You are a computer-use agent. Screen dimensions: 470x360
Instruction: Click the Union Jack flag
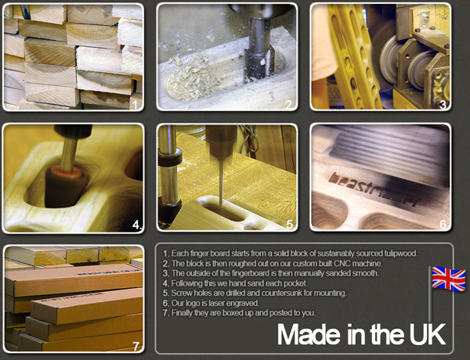tap(449, 279)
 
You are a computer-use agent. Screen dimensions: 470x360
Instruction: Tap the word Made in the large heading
tap(310, 334)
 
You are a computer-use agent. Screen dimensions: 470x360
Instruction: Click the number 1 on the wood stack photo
tap(135, 105)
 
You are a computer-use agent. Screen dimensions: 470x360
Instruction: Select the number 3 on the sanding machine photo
tap(443, 105)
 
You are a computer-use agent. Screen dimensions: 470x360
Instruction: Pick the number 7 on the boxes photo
tap(136, 347)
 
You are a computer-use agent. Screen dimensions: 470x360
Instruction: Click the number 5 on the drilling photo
tap(290, 225)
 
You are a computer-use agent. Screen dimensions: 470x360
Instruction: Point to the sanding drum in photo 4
tap(65, 186)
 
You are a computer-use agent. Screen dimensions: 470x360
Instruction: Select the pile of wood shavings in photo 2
tap(192, 78)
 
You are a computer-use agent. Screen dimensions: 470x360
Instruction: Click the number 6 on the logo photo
tap(443, 225)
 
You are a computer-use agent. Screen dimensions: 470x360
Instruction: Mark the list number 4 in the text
tap(166, 283)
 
